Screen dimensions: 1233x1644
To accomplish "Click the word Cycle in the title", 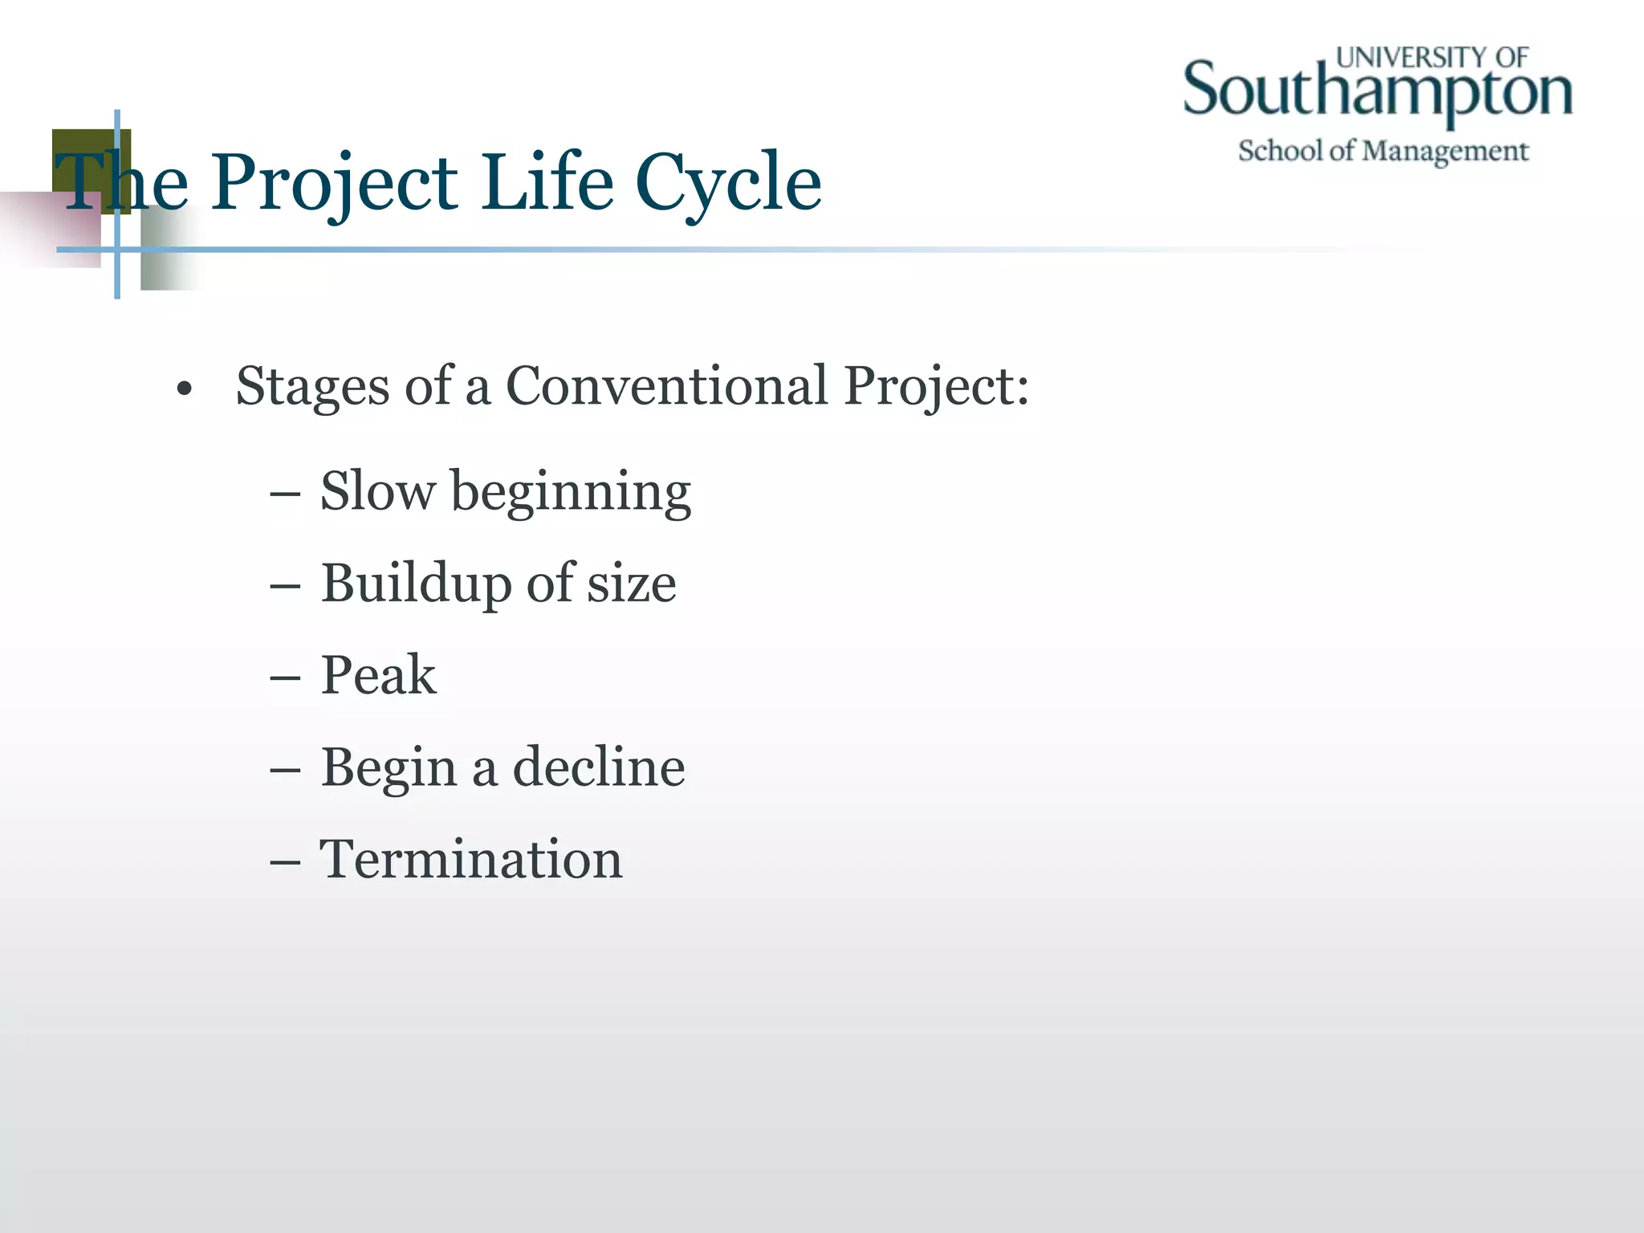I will point(728,183).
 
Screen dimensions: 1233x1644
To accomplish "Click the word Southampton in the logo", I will point(1377,92).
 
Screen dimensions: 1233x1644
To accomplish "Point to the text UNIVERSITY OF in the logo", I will point(1432,57).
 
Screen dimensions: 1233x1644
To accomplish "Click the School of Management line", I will point(1382,151).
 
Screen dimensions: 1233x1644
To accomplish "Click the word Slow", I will point(377,490).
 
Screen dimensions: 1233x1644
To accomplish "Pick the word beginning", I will point(571,492).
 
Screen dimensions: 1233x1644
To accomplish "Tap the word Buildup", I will point(416,583).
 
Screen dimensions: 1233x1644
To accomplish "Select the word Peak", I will point(378,674).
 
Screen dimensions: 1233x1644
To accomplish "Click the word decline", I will point(598,767).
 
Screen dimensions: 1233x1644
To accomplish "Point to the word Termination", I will point(470,859).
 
